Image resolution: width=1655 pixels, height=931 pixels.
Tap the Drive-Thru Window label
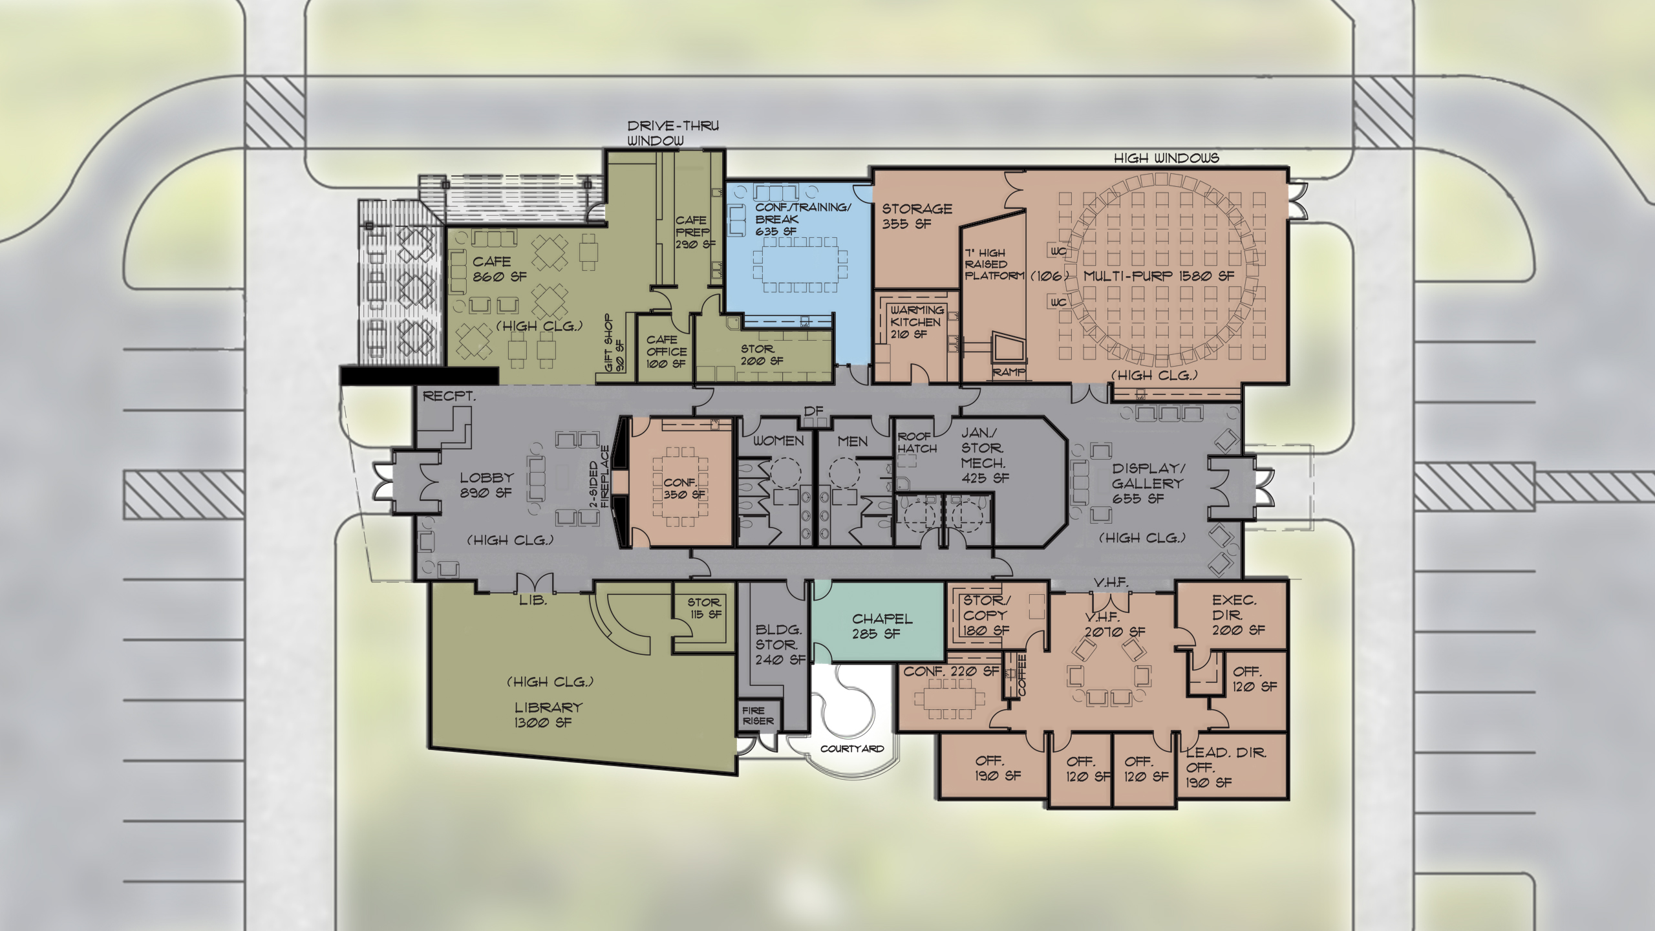(x=672, y=133)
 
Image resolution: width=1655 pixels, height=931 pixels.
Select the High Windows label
(x=1166, y=158)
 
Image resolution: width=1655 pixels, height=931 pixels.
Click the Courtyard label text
(x=851, y=749)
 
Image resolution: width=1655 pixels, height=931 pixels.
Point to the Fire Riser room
(x=758, y=716)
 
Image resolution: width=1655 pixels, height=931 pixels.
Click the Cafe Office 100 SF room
(x=666, y=352)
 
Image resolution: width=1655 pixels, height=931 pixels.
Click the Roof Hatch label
(x=916, y=442)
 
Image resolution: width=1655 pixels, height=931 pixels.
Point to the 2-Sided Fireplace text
(x=599, y=476)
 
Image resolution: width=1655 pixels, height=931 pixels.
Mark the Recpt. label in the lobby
(x=449, y=396)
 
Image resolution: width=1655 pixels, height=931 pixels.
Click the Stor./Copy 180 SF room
(x=985, y=615)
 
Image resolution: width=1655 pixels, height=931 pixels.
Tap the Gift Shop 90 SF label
(x=614, y=343)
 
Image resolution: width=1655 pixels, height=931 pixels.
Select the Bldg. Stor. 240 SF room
(x=779, y=645)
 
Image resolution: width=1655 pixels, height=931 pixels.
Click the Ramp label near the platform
(x=1008, y=372)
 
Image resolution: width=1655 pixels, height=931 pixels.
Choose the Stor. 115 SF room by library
(x=704, y=608)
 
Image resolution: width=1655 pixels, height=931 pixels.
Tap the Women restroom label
(x=778, y=441)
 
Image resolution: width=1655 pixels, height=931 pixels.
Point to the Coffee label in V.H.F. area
(x=1021, y=675)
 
